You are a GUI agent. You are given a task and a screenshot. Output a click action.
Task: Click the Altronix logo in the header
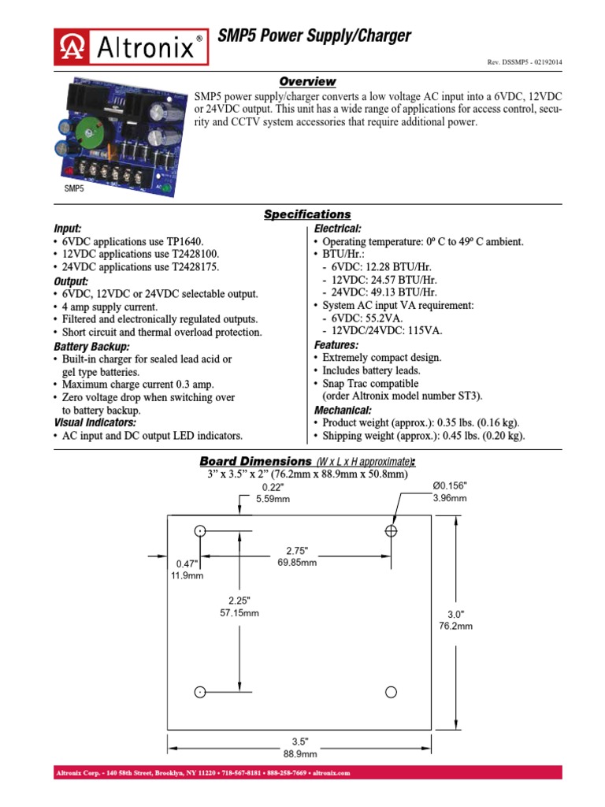pos(132,46)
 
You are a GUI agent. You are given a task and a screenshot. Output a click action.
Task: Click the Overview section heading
pos(308,82)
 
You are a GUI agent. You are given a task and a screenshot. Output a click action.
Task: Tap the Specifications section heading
pos(307,214)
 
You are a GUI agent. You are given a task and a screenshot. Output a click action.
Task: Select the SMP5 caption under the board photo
pos(73,189)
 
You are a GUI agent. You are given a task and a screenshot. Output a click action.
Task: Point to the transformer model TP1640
pos(193,242)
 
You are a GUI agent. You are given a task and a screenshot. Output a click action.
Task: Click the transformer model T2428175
pos(197,267)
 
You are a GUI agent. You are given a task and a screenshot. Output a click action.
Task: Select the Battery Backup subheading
pos(91,347)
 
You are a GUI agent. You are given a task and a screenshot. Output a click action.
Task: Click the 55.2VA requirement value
pos(383,318)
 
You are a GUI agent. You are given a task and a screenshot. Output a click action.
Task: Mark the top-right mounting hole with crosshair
pos(391,531)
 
